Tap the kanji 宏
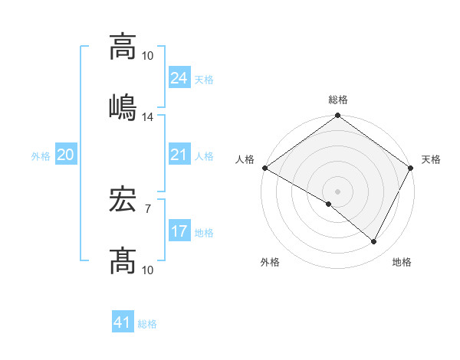[123, 203]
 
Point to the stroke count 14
[148, 117]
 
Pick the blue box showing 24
[179, 78]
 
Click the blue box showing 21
[179, 155]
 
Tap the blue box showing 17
[179, 231]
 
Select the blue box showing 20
[65, 155]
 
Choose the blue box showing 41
[123, 323]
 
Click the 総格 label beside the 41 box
[147, 325]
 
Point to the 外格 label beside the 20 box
[41, 156]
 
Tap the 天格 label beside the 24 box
[203, 80]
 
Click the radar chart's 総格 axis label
[338, 100]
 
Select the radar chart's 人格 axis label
[245, 159]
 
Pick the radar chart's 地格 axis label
[402, 262]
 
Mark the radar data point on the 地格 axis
[374, 242]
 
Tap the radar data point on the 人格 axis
[264, 167]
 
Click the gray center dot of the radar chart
[337, 191]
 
